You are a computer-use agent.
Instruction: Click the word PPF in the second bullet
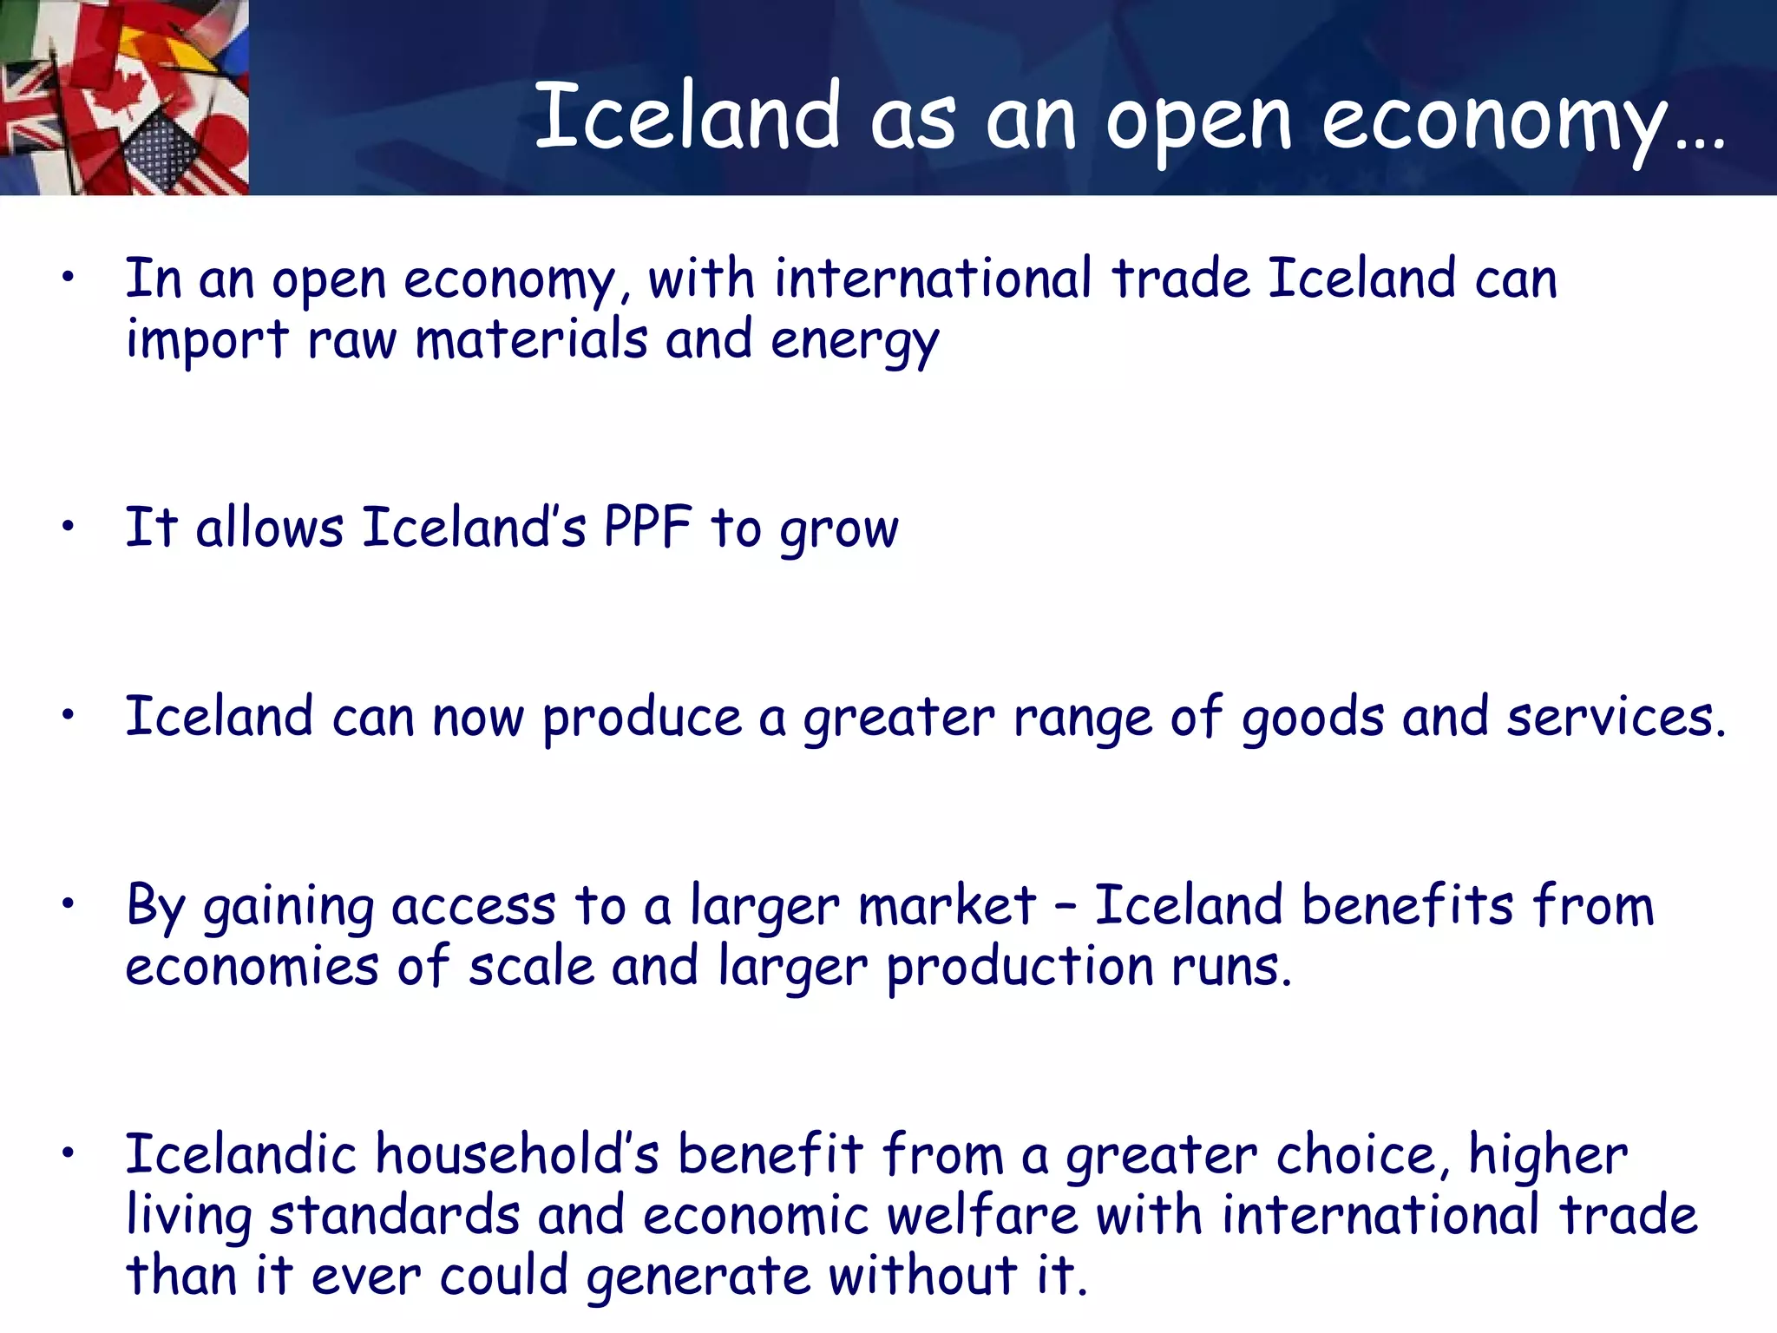click(x=647, y=527)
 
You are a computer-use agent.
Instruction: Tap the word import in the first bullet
click(x=207, y=339)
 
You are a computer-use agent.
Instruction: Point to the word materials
click(x=531, y=338)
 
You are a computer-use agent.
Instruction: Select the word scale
click(x=531, y=966)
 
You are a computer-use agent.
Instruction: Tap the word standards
click(x=395, y=1215)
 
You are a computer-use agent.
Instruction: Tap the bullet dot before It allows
click(x=69, y=525)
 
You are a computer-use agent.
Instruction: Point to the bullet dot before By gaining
click(x=69, y=903)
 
